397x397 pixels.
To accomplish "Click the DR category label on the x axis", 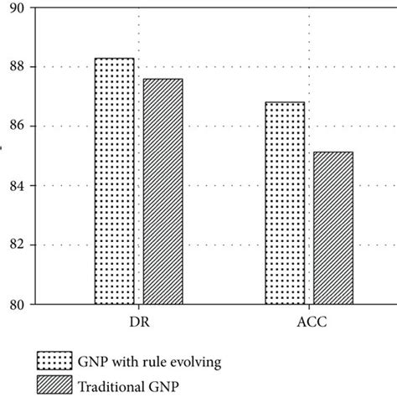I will (x=138, y=322).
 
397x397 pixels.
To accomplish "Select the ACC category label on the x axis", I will (x=308, y=322).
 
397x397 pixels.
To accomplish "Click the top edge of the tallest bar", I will (x=114, y=59).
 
